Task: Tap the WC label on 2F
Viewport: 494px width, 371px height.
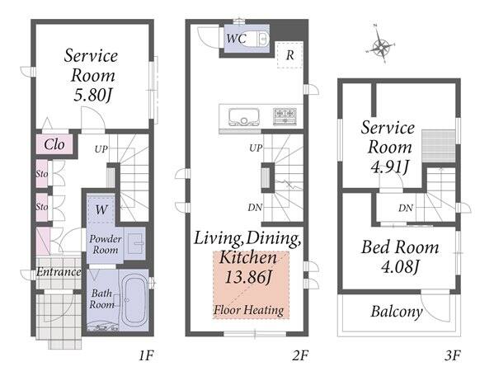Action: coord(237,39)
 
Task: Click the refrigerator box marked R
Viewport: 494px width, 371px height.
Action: coord(289,54)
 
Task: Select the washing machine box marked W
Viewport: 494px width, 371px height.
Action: coord(101,209)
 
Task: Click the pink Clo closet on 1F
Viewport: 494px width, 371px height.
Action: coord(54,144)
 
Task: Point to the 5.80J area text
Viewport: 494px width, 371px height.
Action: coord(92,95)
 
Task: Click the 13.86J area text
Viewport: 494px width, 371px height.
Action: coord(248,277)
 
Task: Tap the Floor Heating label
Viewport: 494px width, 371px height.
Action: coord(249,310)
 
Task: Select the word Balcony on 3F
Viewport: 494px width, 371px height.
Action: coord(397,312)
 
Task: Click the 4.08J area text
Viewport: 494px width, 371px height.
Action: coord(400,267)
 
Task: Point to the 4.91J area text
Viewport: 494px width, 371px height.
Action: coord(390,167)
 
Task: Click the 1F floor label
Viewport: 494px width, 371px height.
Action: coord(146,355)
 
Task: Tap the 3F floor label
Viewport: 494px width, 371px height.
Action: coord(453,355)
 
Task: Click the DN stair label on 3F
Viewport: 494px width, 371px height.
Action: coord(406,208)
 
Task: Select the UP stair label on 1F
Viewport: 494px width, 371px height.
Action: coord(101,149)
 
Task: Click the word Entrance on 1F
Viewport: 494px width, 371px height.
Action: coord(59,272)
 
